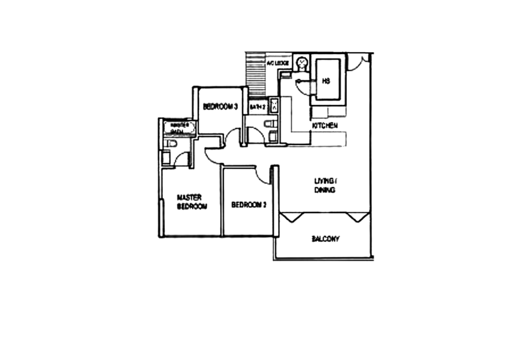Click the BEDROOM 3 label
[x=220, y=106]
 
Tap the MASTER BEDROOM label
[x=192, y=202]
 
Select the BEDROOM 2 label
[x=248, y=204]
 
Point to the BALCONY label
[x=324, y=239]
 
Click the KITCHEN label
[x=324, y=127]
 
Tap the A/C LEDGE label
[x=278, y=64]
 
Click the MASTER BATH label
[x=177, y=128]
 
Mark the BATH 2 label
[x=256, y=106]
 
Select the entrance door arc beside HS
[x=359, y=61]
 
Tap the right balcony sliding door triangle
[x=358, y=216]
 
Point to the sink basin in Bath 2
[x=274, y=104]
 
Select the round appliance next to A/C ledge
[x=302, y=62]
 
